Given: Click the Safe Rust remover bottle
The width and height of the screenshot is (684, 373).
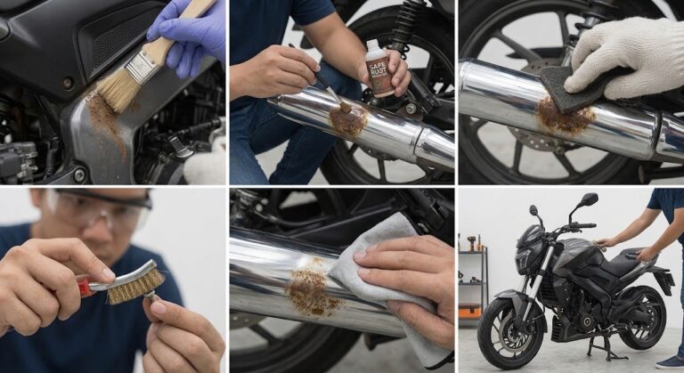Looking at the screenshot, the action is (378, 68).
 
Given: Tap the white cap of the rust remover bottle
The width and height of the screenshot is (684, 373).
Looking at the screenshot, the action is (373, 45).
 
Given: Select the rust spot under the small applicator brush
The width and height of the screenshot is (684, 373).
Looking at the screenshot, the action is (348, 120).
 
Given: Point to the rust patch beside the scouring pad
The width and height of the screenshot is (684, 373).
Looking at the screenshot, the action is (565, 116).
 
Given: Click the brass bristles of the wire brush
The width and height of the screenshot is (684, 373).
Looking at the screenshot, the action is (136, 287).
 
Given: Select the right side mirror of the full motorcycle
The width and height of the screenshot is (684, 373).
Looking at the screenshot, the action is (589, 199).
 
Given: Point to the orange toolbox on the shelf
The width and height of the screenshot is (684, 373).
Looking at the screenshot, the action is (469, 311).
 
